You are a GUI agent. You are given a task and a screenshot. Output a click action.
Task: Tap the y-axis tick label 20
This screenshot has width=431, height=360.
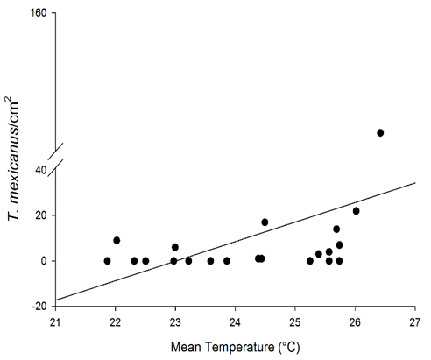click(x=40, y=215)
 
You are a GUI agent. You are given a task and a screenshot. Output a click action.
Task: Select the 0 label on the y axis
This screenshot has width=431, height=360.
click(x=44, y=261)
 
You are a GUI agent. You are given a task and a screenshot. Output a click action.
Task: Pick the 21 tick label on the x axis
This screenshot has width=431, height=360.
click(x=55, y=321)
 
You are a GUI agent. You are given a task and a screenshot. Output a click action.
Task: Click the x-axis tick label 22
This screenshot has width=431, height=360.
click(x=116, y=321)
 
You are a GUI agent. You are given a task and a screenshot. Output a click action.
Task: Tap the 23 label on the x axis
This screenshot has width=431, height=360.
click(x=175, y=321)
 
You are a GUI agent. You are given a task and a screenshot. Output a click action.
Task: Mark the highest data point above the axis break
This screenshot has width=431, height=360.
click(x=380, y=132)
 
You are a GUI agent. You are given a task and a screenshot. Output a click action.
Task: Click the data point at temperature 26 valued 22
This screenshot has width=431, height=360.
click(x=356, y=210)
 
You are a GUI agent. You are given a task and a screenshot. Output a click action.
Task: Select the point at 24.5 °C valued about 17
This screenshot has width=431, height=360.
click(x=265, y=222)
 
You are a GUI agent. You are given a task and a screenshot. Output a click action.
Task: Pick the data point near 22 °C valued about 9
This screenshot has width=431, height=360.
click(x=117, y=240)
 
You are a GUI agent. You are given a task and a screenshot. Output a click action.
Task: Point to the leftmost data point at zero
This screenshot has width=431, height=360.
click(x=107, y=261)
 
